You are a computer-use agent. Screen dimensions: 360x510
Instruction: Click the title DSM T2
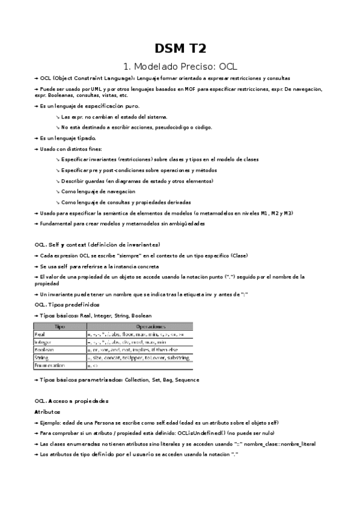180,48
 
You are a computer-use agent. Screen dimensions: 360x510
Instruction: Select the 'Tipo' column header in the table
60,325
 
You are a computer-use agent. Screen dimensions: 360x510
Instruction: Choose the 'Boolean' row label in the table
45,349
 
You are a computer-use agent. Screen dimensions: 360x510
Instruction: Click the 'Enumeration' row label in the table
50,364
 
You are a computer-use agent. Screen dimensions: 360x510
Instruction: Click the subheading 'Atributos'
47,412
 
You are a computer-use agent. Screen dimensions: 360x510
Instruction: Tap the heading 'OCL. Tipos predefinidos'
67,305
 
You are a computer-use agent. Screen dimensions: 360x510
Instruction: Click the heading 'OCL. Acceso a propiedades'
72,401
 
